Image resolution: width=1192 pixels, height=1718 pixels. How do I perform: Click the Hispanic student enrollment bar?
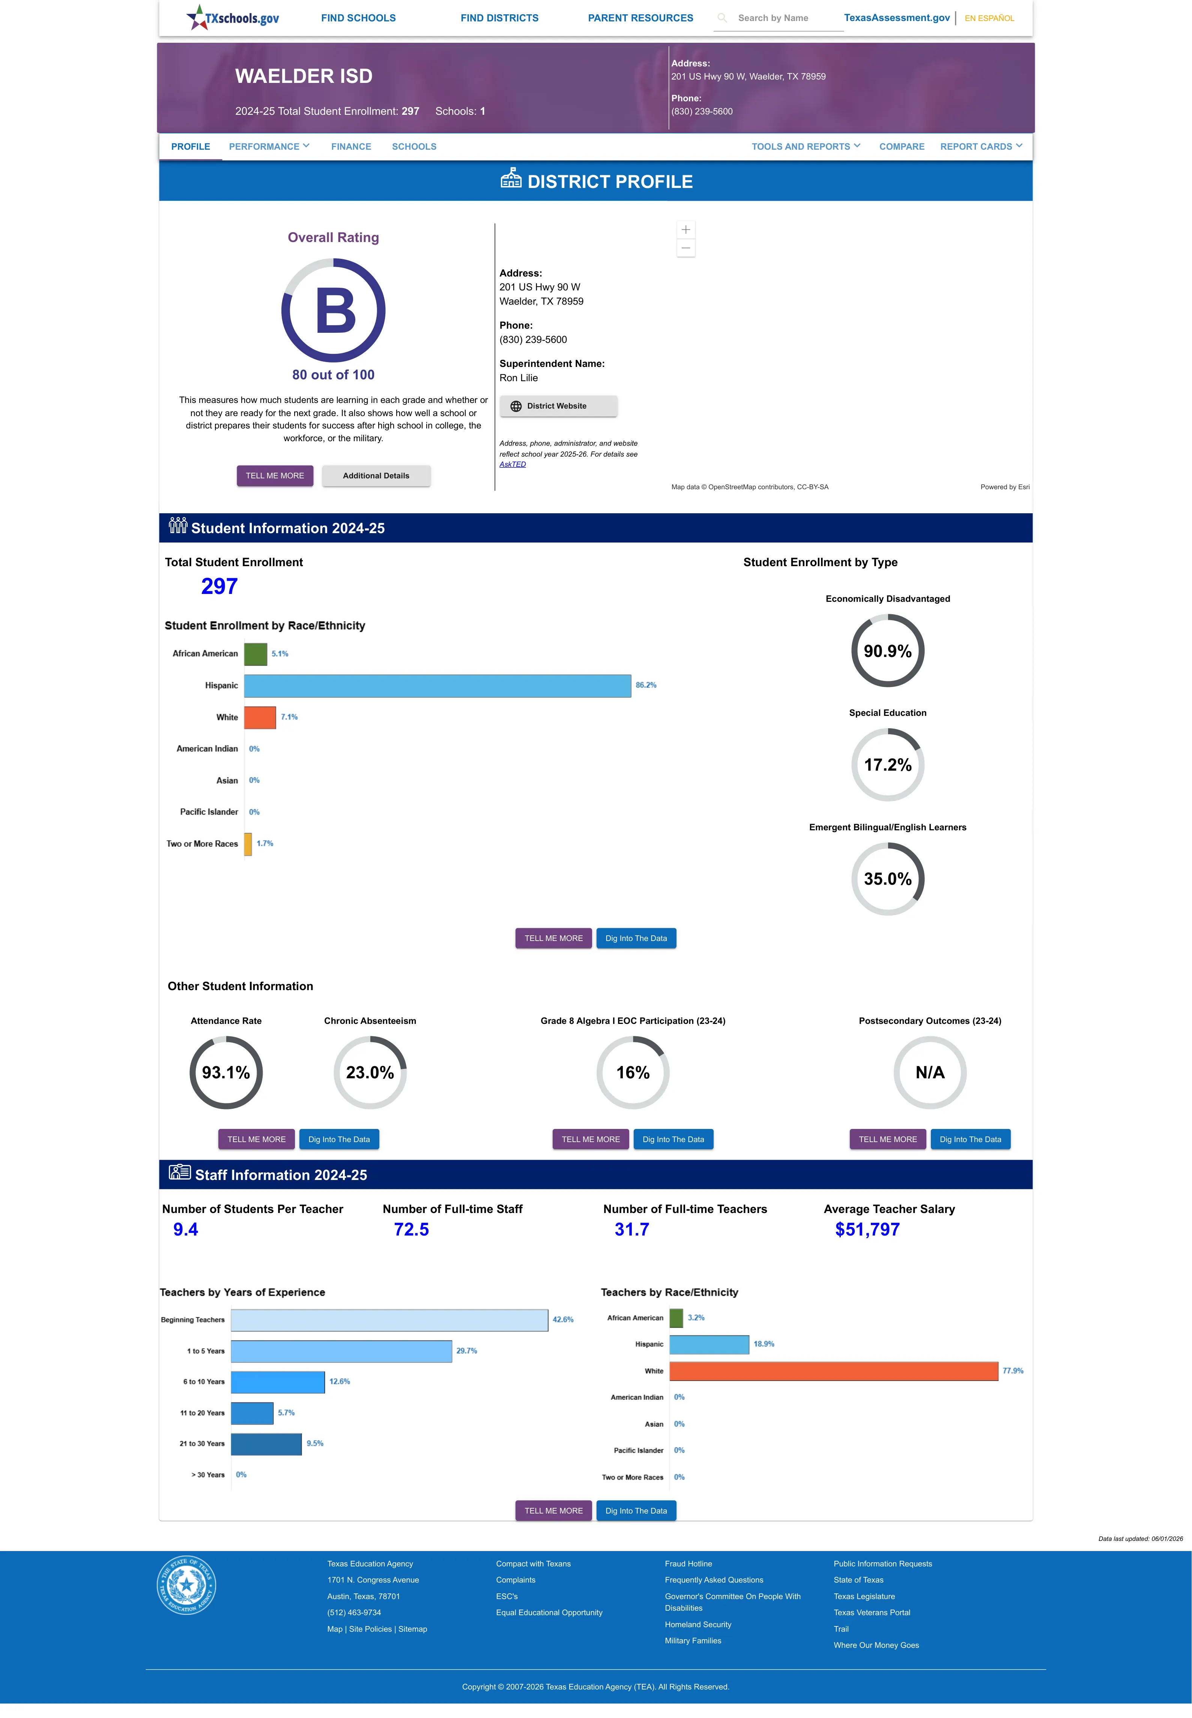(x=437, y=685)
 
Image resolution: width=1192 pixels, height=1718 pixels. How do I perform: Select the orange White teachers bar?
(x=834, y=1371)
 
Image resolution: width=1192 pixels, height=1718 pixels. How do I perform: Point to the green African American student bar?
(x=256, y=654)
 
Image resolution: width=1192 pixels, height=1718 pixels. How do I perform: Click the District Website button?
(x=558, y=406)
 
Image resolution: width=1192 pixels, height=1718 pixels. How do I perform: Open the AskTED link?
(x=513, y=464)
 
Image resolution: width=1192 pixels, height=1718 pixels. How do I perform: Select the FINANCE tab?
(x=351, y=146)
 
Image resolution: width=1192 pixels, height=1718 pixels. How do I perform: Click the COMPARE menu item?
(x=902, y=146)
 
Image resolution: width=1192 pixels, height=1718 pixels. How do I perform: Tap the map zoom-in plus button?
(x=685, y=230)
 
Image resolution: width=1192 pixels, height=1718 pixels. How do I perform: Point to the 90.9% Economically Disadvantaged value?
(x=887, y=651)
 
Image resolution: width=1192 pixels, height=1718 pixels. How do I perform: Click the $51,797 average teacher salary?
(x=867, y=1230)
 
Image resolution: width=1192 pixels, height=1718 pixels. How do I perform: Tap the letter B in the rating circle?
(x=335, y=311)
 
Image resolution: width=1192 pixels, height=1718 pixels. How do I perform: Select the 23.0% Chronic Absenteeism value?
(x=370, y=1073)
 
